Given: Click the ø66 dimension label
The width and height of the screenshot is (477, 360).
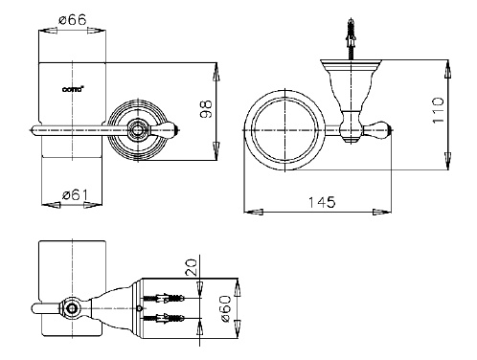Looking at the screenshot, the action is pos(73,20).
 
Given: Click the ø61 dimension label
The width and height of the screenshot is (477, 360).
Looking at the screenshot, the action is pos(75,194).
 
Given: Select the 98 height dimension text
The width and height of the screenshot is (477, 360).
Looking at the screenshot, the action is pos(206,109).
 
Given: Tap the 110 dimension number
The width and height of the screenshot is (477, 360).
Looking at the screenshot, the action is pos(438,110).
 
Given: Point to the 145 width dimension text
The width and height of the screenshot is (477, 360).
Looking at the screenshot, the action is pos(322,202).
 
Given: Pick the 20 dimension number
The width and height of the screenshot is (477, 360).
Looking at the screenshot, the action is pos(191,267).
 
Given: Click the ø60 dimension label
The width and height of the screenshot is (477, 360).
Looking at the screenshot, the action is pos(226,308).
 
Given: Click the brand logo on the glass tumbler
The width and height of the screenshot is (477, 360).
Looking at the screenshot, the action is pos(73,89).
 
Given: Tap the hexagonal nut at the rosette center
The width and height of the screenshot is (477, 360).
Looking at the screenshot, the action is pos(138,130).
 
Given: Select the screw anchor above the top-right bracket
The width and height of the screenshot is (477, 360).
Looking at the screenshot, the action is pos(352,39).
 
